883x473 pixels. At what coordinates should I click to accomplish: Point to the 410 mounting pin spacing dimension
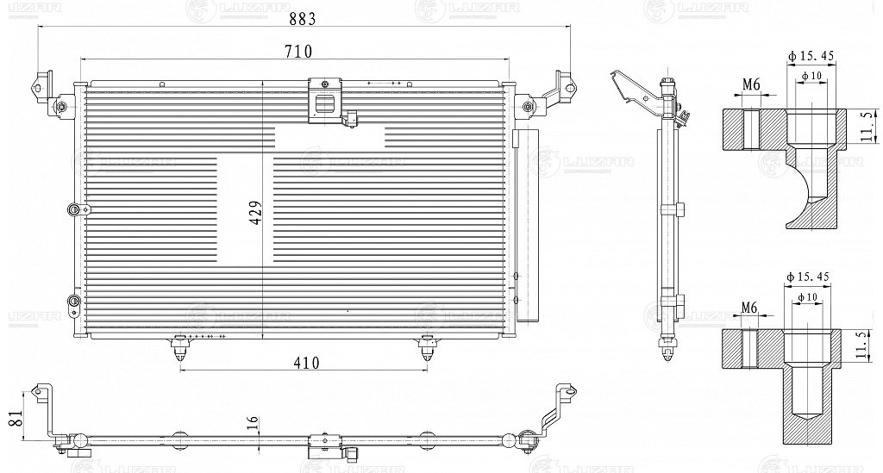304,362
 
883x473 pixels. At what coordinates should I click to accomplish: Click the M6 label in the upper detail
749,84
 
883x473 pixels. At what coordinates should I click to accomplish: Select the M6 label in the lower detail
749,308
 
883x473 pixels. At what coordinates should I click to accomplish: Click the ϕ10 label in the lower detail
811,297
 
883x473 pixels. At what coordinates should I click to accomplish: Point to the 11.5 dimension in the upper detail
865,126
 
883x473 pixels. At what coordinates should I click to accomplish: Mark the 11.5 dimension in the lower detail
865,345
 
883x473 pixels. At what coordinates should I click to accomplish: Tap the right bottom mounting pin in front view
427,346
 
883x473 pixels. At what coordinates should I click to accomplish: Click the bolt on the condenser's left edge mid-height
74,208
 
